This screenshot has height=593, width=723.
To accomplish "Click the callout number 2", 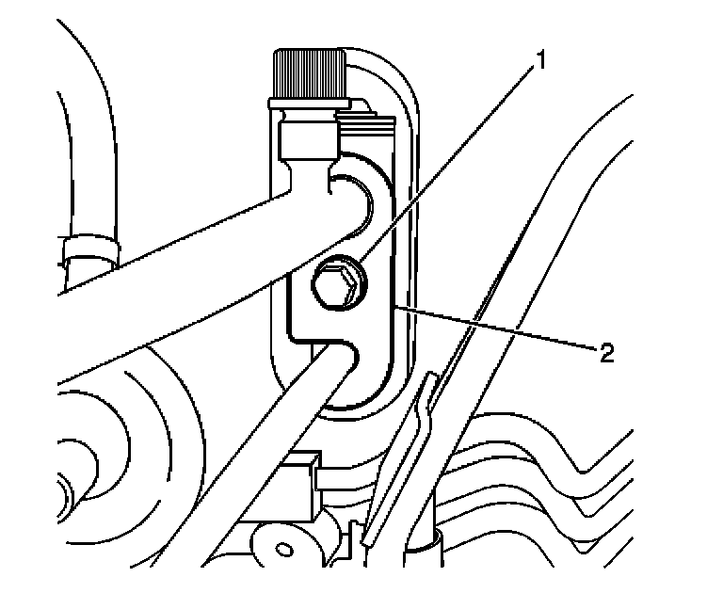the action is [x=606, y=354].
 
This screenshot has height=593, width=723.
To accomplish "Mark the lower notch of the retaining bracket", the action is [x=339, y=362].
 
